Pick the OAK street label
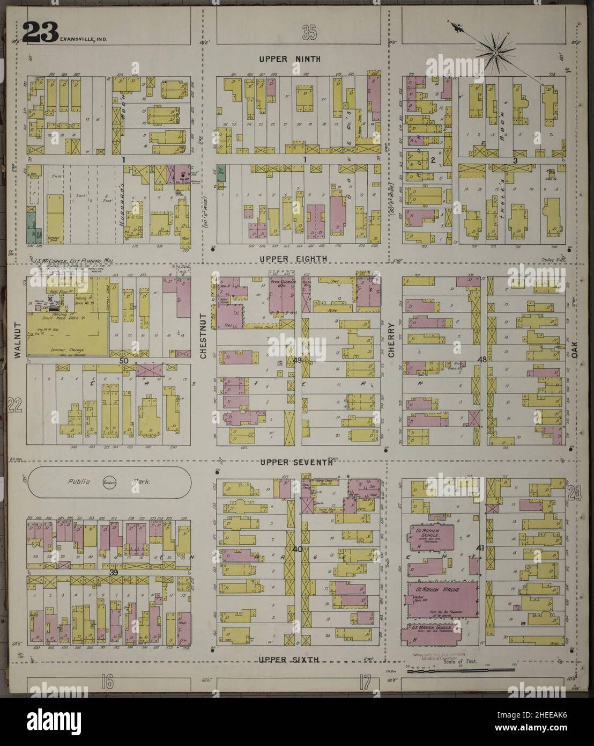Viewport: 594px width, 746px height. (x=579, y=353)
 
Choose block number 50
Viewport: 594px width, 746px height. (x=123, y=362)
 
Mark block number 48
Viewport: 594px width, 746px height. (x=481, y=359)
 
